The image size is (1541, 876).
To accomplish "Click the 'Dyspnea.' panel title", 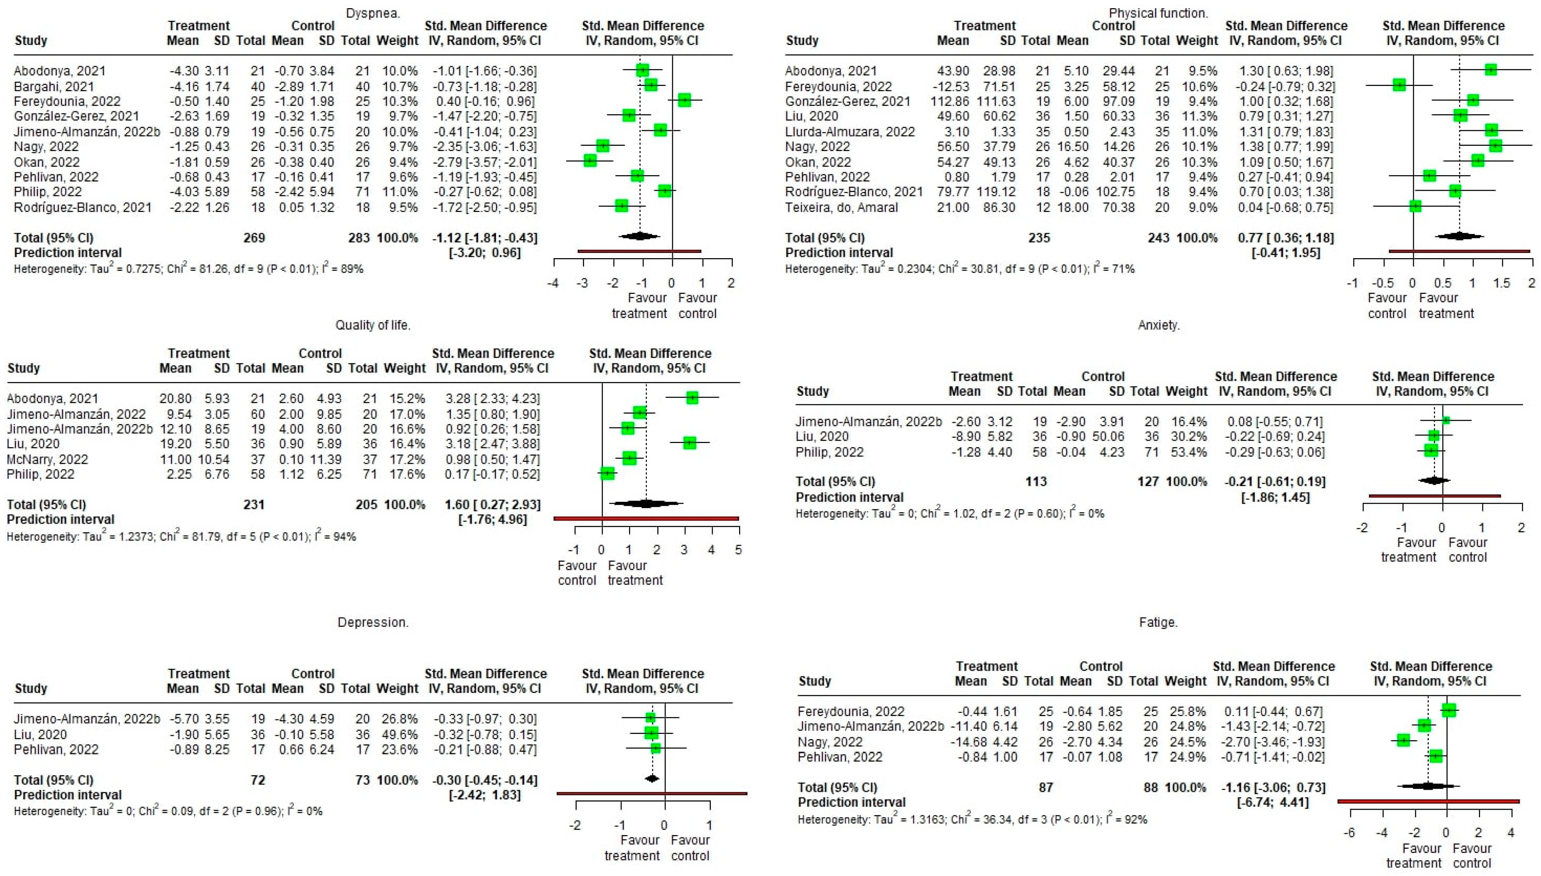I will point(373,13).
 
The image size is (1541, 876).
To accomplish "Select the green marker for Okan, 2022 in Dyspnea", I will point(590,161).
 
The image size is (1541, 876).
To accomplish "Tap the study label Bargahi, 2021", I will point(54,87).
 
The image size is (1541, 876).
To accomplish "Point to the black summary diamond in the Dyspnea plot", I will point(639,237).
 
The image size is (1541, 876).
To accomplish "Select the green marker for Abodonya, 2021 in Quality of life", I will point(692,398).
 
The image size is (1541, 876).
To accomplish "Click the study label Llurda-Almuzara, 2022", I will point(850,132).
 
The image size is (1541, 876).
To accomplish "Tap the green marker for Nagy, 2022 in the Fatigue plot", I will point(1403,740).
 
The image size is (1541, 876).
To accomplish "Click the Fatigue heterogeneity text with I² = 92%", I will point(972,819).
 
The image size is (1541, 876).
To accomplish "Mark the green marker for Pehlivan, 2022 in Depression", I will point(655,748).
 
